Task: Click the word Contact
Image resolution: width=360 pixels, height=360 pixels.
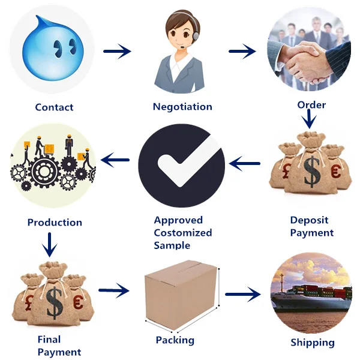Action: pos(54,107)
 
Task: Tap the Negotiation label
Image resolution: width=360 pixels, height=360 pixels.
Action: pos(182,107)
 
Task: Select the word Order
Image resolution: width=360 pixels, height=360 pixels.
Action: pos(311,105)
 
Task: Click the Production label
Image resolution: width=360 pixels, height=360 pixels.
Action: pos(55,223)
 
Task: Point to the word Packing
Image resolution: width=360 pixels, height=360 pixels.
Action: pos(175,340)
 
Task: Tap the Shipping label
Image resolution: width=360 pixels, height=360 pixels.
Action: pos(312,343)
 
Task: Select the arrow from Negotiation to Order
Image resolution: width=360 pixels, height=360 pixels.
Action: pos(242,52)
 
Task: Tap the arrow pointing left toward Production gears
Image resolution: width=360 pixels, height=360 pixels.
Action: pos(116,160)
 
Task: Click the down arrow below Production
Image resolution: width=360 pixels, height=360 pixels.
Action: pos(52,244)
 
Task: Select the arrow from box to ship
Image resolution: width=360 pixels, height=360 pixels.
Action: pos(243,294)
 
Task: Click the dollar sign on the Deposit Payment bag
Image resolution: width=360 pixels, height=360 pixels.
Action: pos(312,172)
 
